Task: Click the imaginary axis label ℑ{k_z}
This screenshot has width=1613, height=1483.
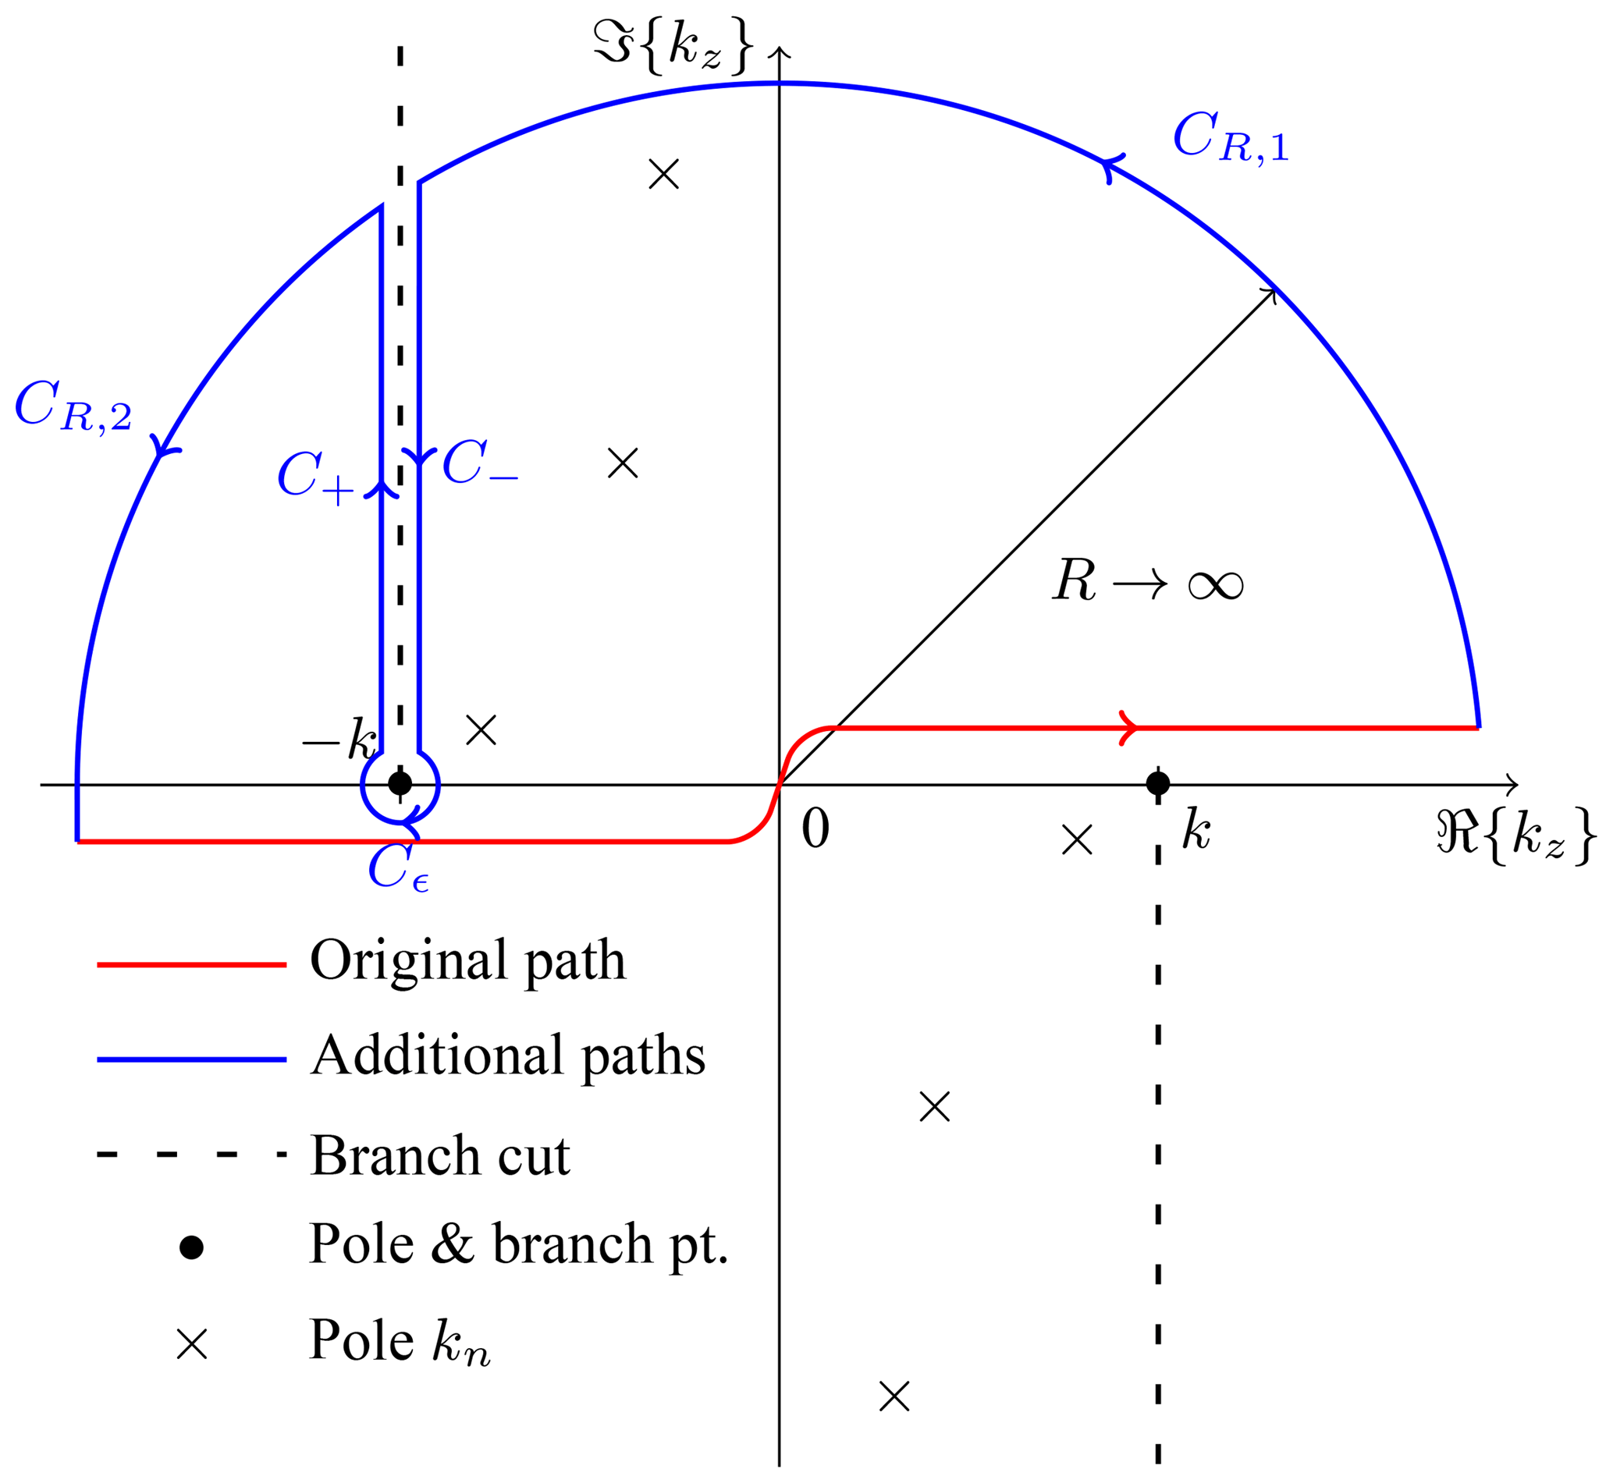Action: coord(673,47)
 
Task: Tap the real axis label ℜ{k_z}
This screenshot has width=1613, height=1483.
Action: coord(1514,836)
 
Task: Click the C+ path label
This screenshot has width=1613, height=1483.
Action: coord(315,478)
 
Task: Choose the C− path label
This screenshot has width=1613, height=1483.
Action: coord(479,465)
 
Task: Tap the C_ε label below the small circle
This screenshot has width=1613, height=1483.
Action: coord(397,869)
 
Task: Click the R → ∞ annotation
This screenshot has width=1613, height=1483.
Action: coord(1147,580)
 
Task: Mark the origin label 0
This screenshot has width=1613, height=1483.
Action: coord(815,828)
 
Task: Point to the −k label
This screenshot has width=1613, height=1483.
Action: coord(339,739)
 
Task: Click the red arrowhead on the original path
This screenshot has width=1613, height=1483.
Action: coord(1128,728)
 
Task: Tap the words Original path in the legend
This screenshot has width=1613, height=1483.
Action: coord(467,960)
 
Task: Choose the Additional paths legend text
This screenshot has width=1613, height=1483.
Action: coord(507,1056)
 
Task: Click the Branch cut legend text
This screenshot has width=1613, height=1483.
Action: coord(440,1155)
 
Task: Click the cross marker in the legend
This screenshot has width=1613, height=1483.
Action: coord(192,1344)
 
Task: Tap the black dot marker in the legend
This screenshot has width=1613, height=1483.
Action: coord(191,1248)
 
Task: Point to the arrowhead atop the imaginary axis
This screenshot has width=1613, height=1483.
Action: coord(779,52)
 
